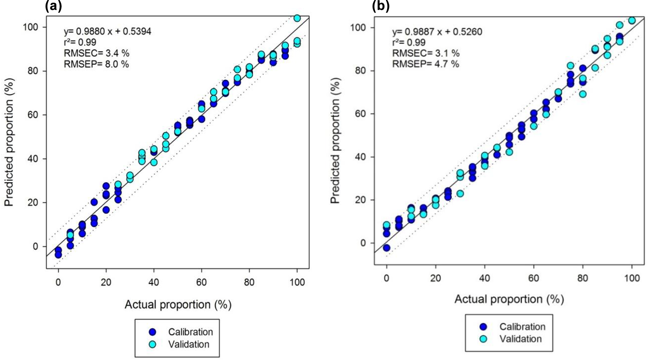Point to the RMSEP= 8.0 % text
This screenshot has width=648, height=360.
[96, 64]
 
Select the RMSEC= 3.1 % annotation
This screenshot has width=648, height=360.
[426, 53]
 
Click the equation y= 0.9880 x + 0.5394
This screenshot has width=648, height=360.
[108, 31]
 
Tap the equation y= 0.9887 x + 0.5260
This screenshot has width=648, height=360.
[437, 32]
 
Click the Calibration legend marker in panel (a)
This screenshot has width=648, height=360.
[153, 332]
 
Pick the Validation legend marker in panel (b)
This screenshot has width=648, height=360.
[483, 339]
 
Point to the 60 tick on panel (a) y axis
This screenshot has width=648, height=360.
[31, 115]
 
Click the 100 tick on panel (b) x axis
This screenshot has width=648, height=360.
[632, 278]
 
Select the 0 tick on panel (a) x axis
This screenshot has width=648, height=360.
[58, 282]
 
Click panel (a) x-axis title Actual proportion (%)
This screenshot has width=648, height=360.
[178, 305]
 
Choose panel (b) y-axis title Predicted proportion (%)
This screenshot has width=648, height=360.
[335, 140]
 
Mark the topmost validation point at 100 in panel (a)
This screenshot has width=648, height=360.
[297, 18]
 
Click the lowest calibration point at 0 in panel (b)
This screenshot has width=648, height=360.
[387, 248]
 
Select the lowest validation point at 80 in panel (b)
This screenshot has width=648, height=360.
[583, 94]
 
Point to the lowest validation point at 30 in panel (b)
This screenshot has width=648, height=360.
[460, 194]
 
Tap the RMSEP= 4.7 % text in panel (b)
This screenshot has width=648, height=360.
[425, 64]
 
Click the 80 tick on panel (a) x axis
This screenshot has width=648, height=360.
[249, 282]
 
